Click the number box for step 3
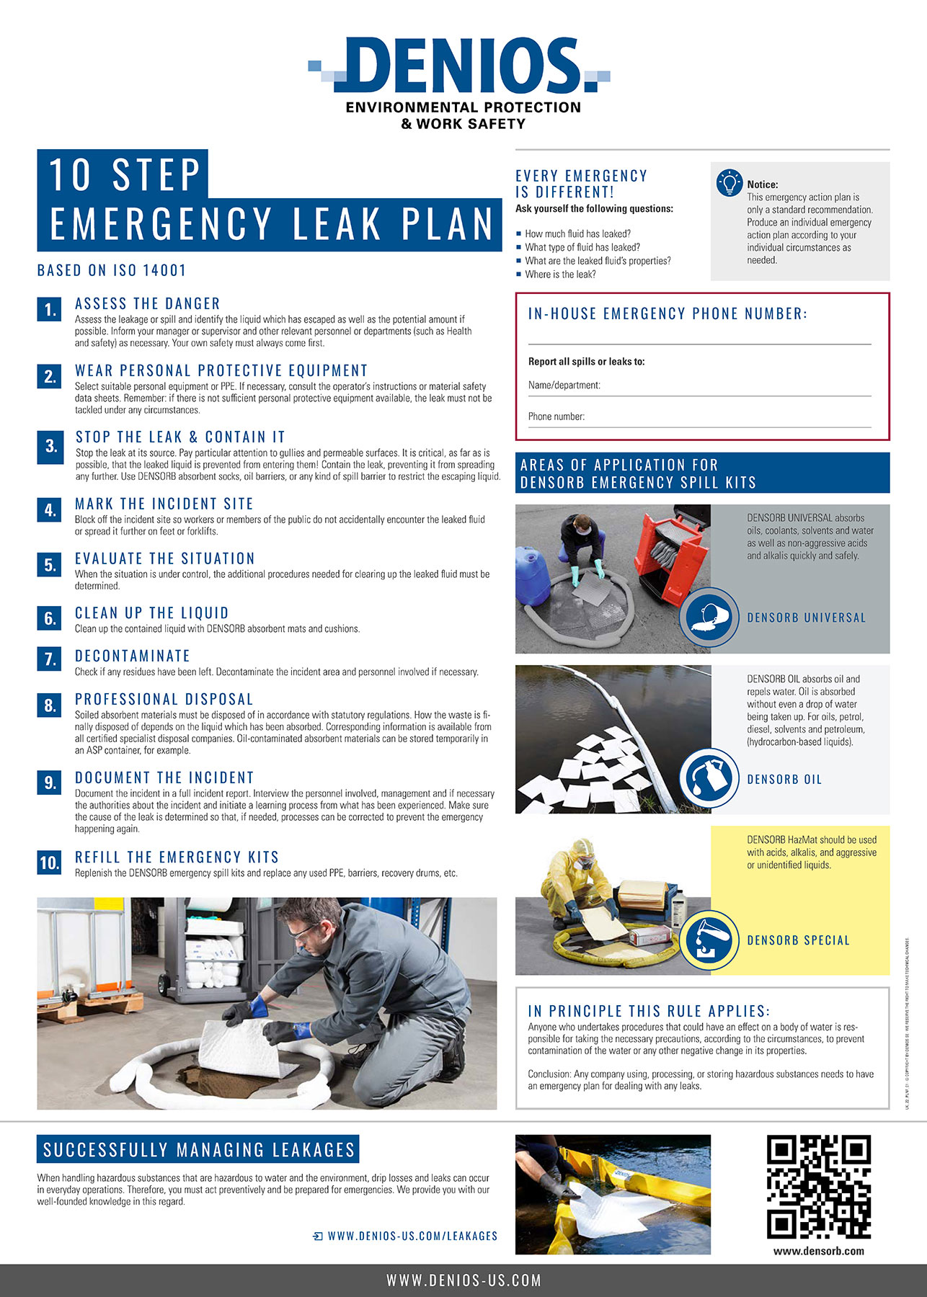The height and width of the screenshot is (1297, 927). (x=50, y=447)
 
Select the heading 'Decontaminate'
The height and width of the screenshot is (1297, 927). (x=133, y=656)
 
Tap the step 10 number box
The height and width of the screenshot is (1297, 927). (x=50, y=863)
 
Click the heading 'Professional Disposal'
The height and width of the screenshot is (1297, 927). (x=164, y=700)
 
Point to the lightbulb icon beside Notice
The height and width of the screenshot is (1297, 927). (x=729, y=183)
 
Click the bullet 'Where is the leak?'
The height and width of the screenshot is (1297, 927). (x=560, y=275)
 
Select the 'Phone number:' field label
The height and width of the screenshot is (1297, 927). (x=556, y=416)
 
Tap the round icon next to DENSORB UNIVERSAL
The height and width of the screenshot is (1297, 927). (x=709, y=618)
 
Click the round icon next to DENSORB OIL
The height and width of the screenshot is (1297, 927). (x=709, y=778)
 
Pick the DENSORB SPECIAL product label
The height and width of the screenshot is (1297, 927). (x=798, y=940)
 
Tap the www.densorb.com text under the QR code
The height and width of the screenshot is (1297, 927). (x=818, y=1251)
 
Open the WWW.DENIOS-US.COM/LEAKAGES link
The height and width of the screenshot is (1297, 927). (x=412, y=1236)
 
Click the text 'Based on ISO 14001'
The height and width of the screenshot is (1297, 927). (x=112, y=271)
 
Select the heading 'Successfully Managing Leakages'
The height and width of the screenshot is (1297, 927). (x=199, y=1150)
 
